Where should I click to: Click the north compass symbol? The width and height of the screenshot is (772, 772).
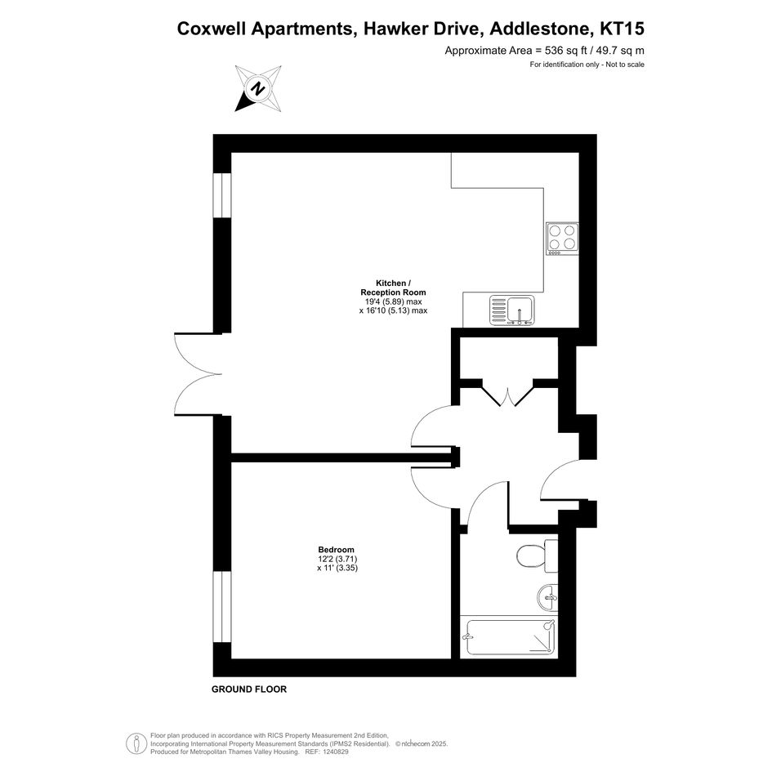[x=258, y=88]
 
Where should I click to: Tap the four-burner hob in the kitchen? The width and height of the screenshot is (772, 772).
[x=562, y=239]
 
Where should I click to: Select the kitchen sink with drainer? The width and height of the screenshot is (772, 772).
[x=511, y=310]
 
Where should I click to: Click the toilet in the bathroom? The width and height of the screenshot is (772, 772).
[x=538, y=556]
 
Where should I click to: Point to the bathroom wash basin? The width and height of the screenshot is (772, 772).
[x=547, y=597]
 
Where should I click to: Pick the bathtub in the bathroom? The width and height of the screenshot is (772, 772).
[x=511, y=637]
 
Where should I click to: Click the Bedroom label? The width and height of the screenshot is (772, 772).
[x=337, y=550]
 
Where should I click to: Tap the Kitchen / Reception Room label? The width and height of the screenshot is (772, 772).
[x=393, y=288]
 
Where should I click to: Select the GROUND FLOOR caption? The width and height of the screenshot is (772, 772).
[x=249, y=689]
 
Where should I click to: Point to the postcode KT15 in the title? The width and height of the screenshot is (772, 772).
[x=623, y=29]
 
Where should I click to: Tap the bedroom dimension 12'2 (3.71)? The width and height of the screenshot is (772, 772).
[x=337, y=559]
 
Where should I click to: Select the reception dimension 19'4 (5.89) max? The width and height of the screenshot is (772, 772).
[x=393, y=301]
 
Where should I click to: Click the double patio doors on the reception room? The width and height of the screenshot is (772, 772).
[x=199, y=375]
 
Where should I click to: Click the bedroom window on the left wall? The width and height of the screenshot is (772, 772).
[x=222, y=606]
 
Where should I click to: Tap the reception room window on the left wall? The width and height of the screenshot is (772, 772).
[x=222, y=195]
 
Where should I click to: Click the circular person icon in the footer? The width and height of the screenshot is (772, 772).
[x=136, y=743]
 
